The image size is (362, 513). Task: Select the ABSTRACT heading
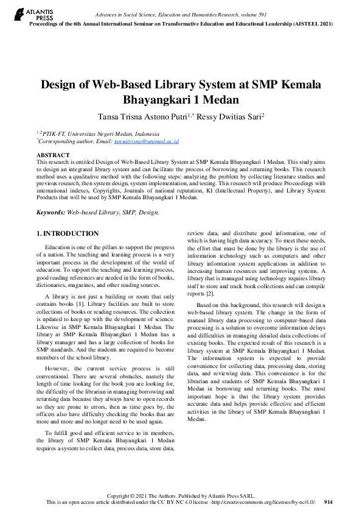pos(52,155)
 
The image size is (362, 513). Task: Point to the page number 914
pos(329,502)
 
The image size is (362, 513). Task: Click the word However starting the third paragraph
pos(57,369)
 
